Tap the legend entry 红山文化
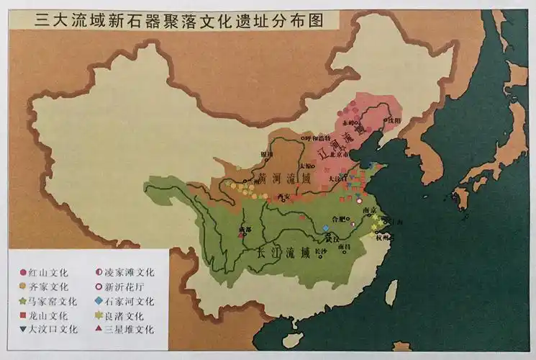point(50,273)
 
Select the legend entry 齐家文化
point(50,287)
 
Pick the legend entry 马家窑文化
point(54,302)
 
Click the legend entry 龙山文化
point(50,315)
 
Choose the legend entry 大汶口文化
point(54,330)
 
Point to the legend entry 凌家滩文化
point(130,273)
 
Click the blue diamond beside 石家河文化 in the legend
point(98,302)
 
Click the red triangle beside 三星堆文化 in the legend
point(98,330)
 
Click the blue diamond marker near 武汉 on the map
point(326,228)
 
